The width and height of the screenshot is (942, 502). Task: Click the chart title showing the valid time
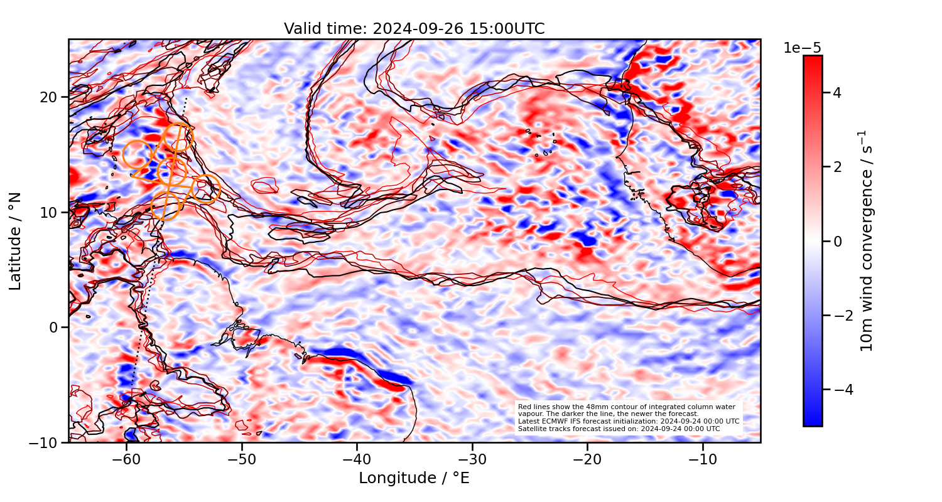point(414,29)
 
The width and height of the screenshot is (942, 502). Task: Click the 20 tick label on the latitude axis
point(50,97)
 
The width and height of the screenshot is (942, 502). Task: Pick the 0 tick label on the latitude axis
point(55,328)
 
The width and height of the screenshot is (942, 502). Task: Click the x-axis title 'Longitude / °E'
point(414,478)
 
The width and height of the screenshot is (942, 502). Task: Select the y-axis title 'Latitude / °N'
point(16,241)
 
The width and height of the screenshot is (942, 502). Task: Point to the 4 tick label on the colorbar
point(837,93)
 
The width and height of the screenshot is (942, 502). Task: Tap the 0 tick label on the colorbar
point(837,242)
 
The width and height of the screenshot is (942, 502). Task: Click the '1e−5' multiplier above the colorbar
point(802,48)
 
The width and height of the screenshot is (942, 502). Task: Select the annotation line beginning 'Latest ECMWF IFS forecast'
point(628,421)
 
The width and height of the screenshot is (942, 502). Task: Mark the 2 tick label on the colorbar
point(837,168)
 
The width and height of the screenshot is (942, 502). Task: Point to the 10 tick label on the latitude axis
point(50,212)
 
